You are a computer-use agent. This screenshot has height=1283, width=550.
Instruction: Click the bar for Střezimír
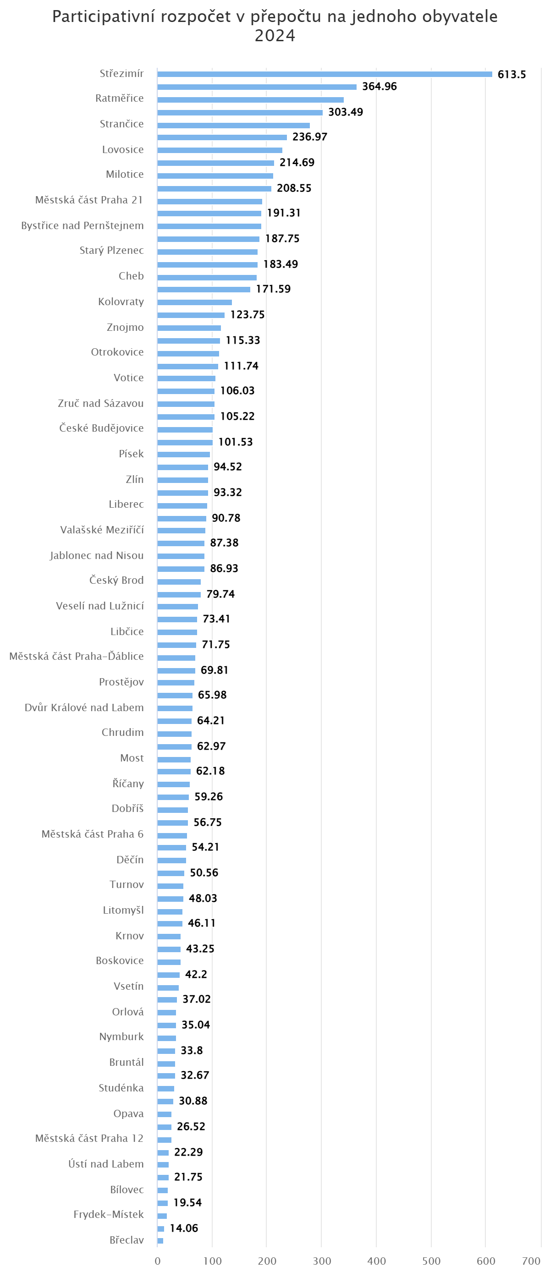point(324,74)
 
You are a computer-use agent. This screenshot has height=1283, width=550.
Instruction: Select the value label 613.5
point(511,74)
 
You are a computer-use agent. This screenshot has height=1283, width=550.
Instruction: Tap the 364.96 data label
point(379,86)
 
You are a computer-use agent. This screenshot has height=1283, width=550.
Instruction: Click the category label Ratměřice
point(119,98)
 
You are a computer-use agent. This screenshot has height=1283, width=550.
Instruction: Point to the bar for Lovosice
point(220,150)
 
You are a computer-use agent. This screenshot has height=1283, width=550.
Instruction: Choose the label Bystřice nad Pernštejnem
point(82,225)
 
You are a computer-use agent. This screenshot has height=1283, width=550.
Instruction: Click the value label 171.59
point(273,289)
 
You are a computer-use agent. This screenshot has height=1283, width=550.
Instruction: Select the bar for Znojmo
point(189,328)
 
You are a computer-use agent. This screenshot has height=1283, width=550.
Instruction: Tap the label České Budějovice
point(101,428)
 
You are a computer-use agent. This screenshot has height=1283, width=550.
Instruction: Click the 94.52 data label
point(227,466)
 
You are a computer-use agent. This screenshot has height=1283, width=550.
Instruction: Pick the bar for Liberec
point(182,505)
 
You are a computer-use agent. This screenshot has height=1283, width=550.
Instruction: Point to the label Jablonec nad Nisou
point(97,555)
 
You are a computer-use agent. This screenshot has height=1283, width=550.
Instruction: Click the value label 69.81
point(214,670)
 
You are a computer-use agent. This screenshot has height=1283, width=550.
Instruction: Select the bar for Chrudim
point(174,734)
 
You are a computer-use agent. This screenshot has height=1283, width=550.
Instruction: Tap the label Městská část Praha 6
point(92,834)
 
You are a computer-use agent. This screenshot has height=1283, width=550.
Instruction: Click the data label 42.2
point(196,974)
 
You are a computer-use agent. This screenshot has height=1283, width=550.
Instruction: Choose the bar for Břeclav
point(160,1241)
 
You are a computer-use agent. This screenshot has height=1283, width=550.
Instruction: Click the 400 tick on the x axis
point(376,1261)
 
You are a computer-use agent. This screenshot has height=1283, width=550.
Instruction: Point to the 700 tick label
point(531,1261)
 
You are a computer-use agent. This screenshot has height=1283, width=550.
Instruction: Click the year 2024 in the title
point(275,35)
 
